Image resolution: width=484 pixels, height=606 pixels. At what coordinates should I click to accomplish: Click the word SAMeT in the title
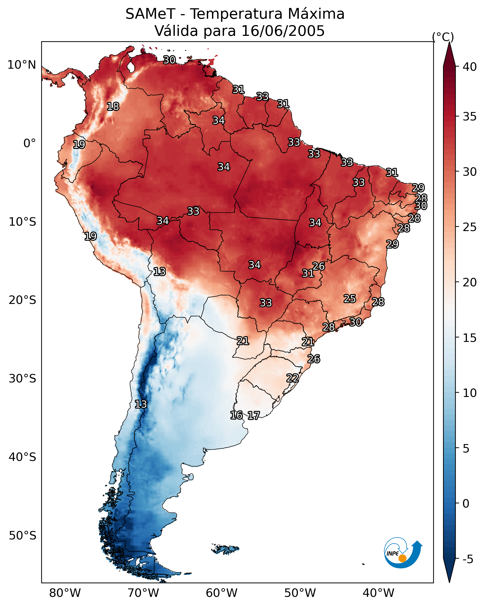(x=150, y=14)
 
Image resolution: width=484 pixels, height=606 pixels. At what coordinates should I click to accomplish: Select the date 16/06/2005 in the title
(x=283, y=31)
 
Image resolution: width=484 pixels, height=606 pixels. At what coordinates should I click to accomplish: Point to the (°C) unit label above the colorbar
(x=443, y=37)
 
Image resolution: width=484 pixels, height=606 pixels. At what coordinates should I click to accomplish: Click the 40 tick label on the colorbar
(x=470, y=67)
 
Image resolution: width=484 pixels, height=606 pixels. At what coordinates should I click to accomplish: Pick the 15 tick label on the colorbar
(x=470, y=338)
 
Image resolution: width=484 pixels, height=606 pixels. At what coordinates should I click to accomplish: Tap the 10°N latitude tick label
(x=22, y=65)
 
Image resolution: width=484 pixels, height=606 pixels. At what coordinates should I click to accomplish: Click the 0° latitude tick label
(x=30, y=143)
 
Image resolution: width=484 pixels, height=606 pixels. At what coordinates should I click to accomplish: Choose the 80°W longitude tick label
(x=65, y=593)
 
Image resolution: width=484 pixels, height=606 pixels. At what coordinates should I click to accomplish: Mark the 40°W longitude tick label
(x=378, y=593)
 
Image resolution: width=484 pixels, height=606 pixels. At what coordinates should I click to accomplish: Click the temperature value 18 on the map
(x=113, y=107)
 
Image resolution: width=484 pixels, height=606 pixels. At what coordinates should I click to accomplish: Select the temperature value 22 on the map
(x=292, y=378)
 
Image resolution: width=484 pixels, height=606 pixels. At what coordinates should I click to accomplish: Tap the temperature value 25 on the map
(x=350, y=299)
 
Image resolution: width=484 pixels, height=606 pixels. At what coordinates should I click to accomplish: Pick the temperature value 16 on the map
(x=236, y=415)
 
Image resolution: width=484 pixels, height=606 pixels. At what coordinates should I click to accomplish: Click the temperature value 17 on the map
(x=254, y=415)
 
